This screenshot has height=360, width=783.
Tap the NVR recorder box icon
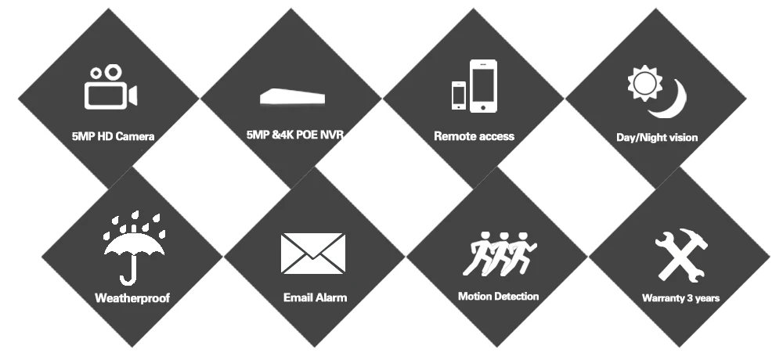click(292, 97)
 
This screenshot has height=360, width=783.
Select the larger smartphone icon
click(483, 86)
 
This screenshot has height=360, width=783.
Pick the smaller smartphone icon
click(458, 95)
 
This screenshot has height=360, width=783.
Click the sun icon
click(644, 84)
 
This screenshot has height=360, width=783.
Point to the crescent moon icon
click(672, 103)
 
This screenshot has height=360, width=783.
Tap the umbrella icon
click(134, 247)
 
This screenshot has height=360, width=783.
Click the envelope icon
click(313, 254)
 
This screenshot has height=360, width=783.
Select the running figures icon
click(500, 254)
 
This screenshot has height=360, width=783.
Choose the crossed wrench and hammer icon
click(681, 255)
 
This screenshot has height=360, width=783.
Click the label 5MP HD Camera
click(113, 136)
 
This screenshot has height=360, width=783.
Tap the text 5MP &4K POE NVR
click(295, 135)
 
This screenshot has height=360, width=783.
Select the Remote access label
click(474, 136)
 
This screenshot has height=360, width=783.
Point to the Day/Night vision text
click(657, 137)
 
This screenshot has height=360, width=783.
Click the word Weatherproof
click(132, 299)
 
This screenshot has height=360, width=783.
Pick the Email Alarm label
click(315, 297)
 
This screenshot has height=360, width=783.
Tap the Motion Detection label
click(498, 296)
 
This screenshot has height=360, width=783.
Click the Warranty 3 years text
click(680, 298)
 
